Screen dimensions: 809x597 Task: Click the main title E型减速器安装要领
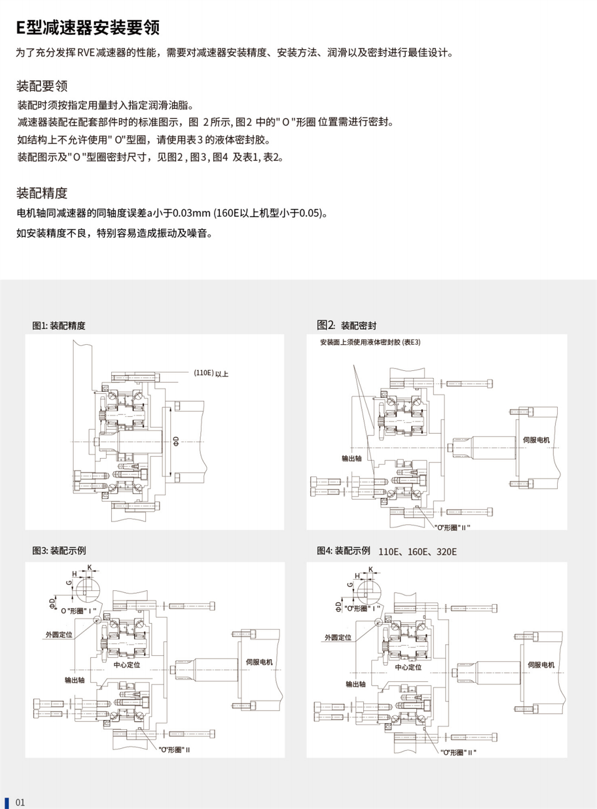click(88, 27)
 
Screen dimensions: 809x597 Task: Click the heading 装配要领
click(42, 86)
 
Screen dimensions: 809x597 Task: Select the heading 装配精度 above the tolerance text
click(42, 193)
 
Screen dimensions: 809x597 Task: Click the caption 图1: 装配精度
click(59, 326)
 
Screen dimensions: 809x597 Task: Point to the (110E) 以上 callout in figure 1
click(211, 374)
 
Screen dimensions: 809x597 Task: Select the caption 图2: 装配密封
click(347, 325)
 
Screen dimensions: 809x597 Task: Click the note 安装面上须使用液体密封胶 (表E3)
click(370, 343)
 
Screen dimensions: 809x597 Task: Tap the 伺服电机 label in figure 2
click(536, 440)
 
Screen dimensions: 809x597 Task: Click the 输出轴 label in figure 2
click(352, 458)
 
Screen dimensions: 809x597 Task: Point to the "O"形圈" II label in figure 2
click(452, 528)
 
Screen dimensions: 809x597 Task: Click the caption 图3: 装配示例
click(59, 551)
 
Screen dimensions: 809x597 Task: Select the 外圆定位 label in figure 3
click(59, 635)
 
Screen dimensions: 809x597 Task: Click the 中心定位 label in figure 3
click(127, 665)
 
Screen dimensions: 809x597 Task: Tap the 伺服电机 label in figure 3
click(259, 662)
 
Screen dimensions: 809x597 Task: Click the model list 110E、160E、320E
click(417, 552)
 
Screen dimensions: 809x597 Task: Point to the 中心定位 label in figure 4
click(408, 667)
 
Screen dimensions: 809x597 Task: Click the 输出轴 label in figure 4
click(355, 684)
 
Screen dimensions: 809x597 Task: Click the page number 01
click(20, 802)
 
